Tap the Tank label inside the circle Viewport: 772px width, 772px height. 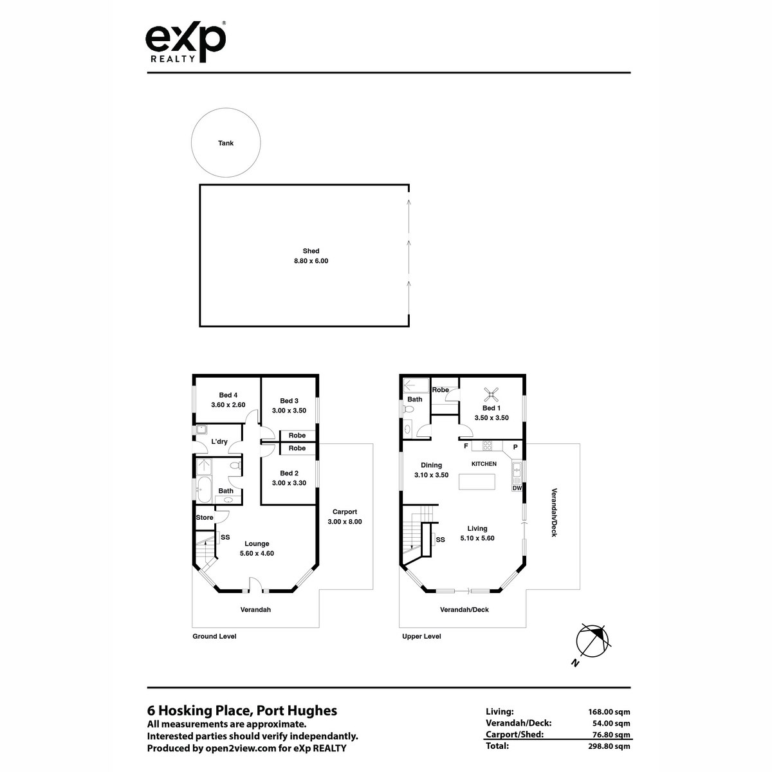pyautogui.click(x=226, y=143)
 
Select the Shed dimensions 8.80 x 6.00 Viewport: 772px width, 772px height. pyautogui.click(x=311, y=261)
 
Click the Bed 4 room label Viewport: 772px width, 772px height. pyautogui.click(x=228, y=395)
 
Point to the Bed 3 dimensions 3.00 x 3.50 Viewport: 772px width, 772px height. pyautogui.click(x=289, y=410)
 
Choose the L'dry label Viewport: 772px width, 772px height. pyautogui.click(x=219, y=441)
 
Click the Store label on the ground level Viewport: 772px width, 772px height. pyautogui.click(x=205, y=518)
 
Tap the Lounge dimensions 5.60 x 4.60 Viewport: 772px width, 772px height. pyautogui.click(x=257, y=553)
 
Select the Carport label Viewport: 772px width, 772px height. pyautogui.click(x=345, y=511)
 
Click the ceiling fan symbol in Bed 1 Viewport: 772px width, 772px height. pyautogui.click(x=491, y=394)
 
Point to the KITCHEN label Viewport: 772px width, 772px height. pyautogui.click(x=484, y=463)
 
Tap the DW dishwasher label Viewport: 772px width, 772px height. pyautogui.click(x=517, y=488)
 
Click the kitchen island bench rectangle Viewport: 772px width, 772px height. pyautogui.click(x=477, y=482)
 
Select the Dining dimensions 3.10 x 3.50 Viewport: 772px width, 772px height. pyautogui.click(x=431, y=475)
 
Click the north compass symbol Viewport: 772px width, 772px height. pyautogui.click(x=592, y=641)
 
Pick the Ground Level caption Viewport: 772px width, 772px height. pyautogui.click(x=214, y=636)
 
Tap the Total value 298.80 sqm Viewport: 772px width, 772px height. pyautogui.click(x=609, y=746)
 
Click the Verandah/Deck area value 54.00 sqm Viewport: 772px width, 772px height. pyautogui.click(x=611, y=723)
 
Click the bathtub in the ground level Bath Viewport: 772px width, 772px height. pyautogui.click(x=205, y=489)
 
